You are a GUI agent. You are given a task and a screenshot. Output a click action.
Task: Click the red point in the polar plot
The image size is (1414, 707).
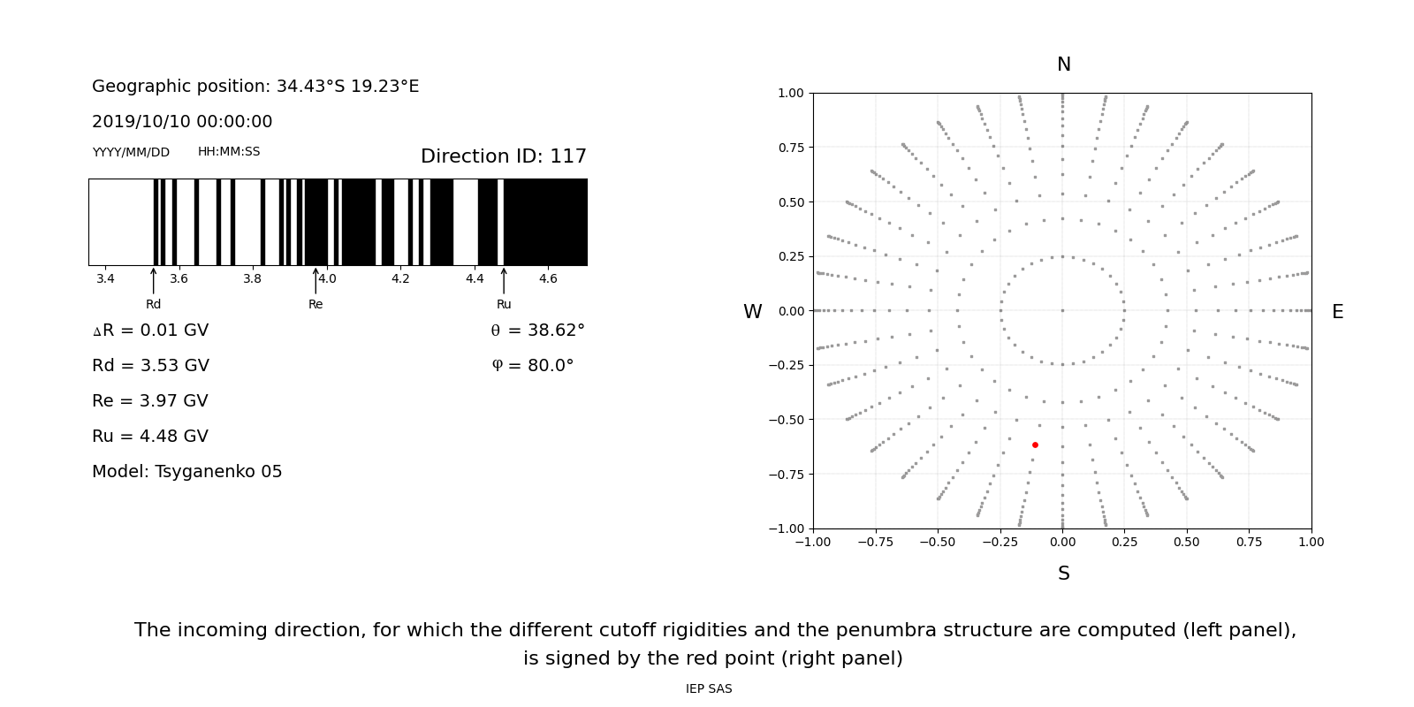click(1035, 445)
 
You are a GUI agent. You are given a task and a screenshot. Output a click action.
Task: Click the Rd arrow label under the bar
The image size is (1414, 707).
click(153, 305)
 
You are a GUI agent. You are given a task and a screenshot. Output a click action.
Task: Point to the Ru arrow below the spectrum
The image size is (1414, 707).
click(504, 280)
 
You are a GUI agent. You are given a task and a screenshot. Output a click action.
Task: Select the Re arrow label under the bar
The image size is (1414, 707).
click(315, 305)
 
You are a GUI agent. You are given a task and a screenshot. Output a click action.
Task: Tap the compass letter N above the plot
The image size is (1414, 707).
click(1063, 65)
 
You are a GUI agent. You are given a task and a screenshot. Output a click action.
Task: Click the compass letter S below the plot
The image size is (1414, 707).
click(1063, 574)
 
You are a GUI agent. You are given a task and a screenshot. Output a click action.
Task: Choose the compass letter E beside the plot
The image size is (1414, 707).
click(1337, 312)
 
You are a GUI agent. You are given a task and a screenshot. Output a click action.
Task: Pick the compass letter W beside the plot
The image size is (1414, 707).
click(752, 312)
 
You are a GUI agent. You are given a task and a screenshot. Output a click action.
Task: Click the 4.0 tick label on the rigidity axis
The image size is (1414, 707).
click(327, 279)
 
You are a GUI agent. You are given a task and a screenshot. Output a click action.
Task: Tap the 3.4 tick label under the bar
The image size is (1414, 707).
click(105, 279)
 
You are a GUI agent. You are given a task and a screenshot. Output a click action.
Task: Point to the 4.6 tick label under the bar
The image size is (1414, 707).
click(548, 279)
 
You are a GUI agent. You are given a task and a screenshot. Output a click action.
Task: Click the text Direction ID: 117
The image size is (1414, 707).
click(503, 156)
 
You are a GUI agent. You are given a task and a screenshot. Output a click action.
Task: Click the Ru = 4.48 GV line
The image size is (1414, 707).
click(150, 437)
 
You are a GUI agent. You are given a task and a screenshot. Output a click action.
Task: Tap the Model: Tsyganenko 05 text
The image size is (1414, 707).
click(187, 472)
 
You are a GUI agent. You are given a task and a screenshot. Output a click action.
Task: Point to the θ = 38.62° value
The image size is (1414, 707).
click(537, 331)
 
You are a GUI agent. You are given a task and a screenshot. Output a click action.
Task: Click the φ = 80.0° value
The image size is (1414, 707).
click(532, 366)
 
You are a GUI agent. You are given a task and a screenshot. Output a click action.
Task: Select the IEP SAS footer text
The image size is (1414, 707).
click(708, 689)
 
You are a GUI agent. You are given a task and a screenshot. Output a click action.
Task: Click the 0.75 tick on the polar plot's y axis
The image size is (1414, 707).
click(790, 148)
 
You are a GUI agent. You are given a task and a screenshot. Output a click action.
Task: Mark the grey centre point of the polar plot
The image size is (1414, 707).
click(1062, 310)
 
